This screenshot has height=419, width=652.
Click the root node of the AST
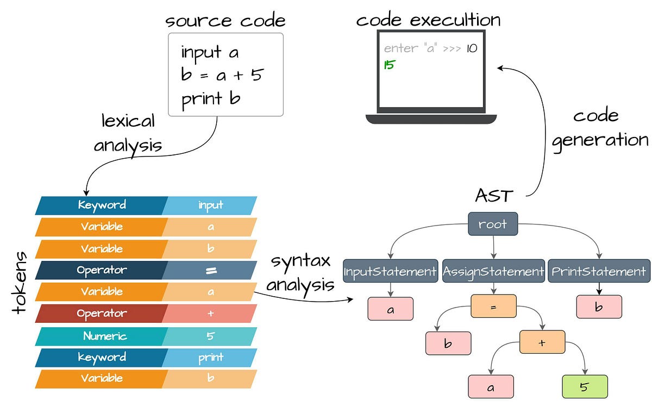click(493, 224)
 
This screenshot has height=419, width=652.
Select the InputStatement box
click(390, 271)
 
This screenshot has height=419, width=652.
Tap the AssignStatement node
click(493, 271)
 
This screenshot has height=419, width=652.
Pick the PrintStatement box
click(599, 271)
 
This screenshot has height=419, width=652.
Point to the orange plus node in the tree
click(542, 342)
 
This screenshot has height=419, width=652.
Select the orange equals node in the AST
click(493, 307)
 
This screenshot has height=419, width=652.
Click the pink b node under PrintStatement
click(599, 307)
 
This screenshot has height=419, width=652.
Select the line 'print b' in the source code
click(211, 98)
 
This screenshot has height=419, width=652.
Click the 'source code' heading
click(225, 21)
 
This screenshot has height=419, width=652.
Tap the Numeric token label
click(105, 336)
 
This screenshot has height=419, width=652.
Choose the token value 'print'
click(210, 357)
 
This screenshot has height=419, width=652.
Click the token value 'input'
click(210, 205)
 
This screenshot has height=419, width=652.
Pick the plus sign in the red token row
click(210, 314)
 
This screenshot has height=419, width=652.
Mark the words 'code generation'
click(599, 128)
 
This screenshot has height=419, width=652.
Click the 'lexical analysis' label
click(128, 133)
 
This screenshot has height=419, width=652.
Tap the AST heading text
click(493, 195)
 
